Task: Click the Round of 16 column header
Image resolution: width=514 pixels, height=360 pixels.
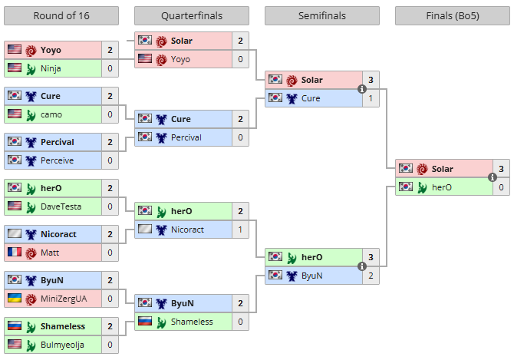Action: click(x=61, y=16)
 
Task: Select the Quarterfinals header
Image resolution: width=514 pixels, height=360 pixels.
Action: click(x=192, y=16)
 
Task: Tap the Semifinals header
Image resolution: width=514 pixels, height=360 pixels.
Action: click(x=322, y=16)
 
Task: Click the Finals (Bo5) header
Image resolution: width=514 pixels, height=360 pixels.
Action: click(x=453, y=16)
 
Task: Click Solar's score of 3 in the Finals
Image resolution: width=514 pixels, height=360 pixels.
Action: click(x=501, y=169)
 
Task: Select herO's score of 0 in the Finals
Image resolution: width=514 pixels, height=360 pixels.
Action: click(x=501, y=187)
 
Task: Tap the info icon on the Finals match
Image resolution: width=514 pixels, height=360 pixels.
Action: click(x=493, y=177)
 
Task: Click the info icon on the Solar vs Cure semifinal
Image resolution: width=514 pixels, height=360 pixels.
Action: click(x=362, y=89)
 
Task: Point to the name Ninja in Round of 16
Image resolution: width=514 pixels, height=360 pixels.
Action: click(x=51, y=68)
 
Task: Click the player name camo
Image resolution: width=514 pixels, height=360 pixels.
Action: click(x=51, y=114)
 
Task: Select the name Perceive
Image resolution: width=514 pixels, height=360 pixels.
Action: click(x=57, y=160)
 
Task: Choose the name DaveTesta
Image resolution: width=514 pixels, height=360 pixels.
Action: click(x=61, y=206)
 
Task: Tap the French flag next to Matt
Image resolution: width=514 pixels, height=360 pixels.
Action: click(x=15, y=252)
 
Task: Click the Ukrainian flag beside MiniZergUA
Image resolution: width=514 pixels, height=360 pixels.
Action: click(x=15, y=298)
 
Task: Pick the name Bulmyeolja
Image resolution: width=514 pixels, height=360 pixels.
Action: click(x=62, y=345)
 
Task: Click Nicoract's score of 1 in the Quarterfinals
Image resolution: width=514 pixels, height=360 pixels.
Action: click(x=240, y=230)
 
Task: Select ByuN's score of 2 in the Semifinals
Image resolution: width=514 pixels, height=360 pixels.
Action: click(x=371, y=276)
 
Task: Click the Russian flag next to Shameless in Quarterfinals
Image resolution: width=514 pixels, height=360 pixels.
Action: click(x=145, y=321)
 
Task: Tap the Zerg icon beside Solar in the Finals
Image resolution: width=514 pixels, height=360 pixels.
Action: click(x=422, y=169)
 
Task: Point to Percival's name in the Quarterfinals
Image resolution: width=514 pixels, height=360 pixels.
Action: click(x=186, y=137)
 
